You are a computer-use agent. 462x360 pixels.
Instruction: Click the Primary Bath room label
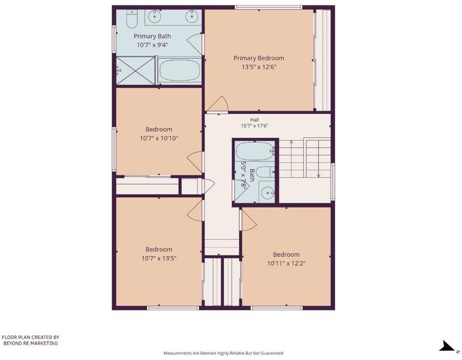(x=152, y=36)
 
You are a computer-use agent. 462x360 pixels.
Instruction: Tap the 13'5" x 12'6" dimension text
(x=259, y=67)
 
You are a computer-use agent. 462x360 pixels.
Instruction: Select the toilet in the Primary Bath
(x=132, y=19)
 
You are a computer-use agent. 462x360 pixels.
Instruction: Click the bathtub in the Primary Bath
(x=179, y=71)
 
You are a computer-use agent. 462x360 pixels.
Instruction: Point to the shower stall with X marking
(x=136, y=71)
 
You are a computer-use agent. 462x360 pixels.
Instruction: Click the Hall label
(x=254, y=120)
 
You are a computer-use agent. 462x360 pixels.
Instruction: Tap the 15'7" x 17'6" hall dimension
(x=254, y=126)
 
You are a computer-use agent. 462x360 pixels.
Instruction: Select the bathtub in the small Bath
(x=255, y=151)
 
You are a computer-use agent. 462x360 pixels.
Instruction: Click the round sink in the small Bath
(x=268, y=193)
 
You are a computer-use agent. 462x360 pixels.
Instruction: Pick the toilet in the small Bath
(x=265, y=172)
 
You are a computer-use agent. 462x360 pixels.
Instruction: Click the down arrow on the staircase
(x=319, y=158)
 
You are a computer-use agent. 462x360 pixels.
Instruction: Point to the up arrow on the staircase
(x=291, y=158)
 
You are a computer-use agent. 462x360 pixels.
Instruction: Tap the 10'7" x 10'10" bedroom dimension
(x=159, y=138)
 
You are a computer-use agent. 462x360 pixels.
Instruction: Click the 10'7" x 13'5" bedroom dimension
(x=159, y=259)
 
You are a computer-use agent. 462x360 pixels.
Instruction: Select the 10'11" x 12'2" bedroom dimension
(x=286, y=263)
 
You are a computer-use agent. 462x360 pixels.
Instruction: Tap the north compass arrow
(x=446, y=346)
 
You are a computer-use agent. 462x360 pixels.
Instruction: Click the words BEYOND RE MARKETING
(x=31, y=343)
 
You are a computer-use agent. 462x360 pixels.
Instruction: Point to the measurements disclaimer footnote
(x=223, y=353)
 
